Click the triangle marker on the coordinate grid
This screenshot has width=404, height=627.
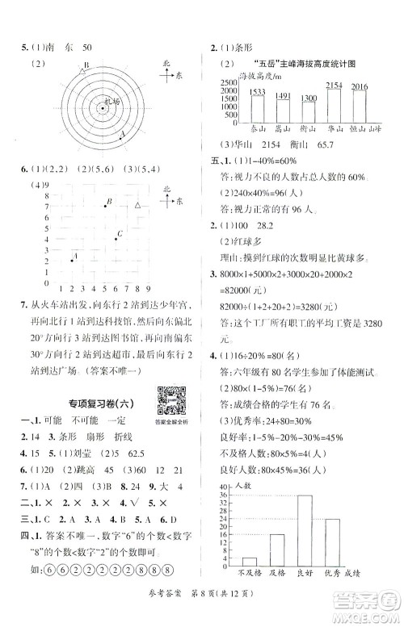click(x=137, y=207)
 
